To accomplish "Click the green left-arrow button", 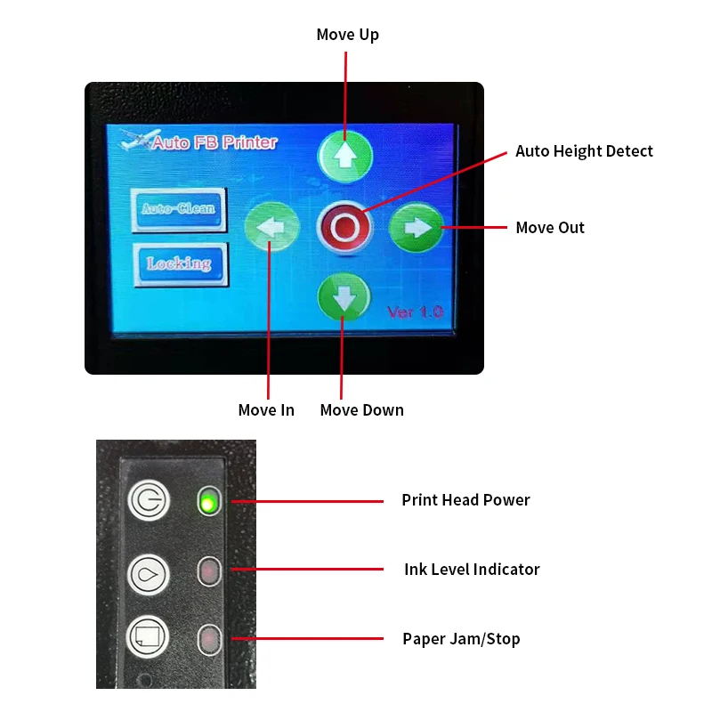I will [271, 228].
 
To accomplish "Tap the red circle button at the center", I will [344, 228].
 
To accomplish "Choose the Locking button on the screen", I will [180, 263].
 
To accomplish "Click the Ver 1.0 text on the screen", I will [414, 312].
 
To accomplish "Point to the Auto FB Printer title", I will [214, 142].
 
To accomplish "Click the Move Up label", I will [347, 35].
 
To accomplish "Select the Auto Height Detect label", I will [584, 151].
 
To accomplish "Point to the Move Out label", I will [550, 228].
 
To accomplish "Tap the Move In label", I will [266, 410].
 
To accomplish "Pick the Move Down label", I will [361, 410].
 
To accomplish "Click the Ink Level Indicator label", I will [472, 570].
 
